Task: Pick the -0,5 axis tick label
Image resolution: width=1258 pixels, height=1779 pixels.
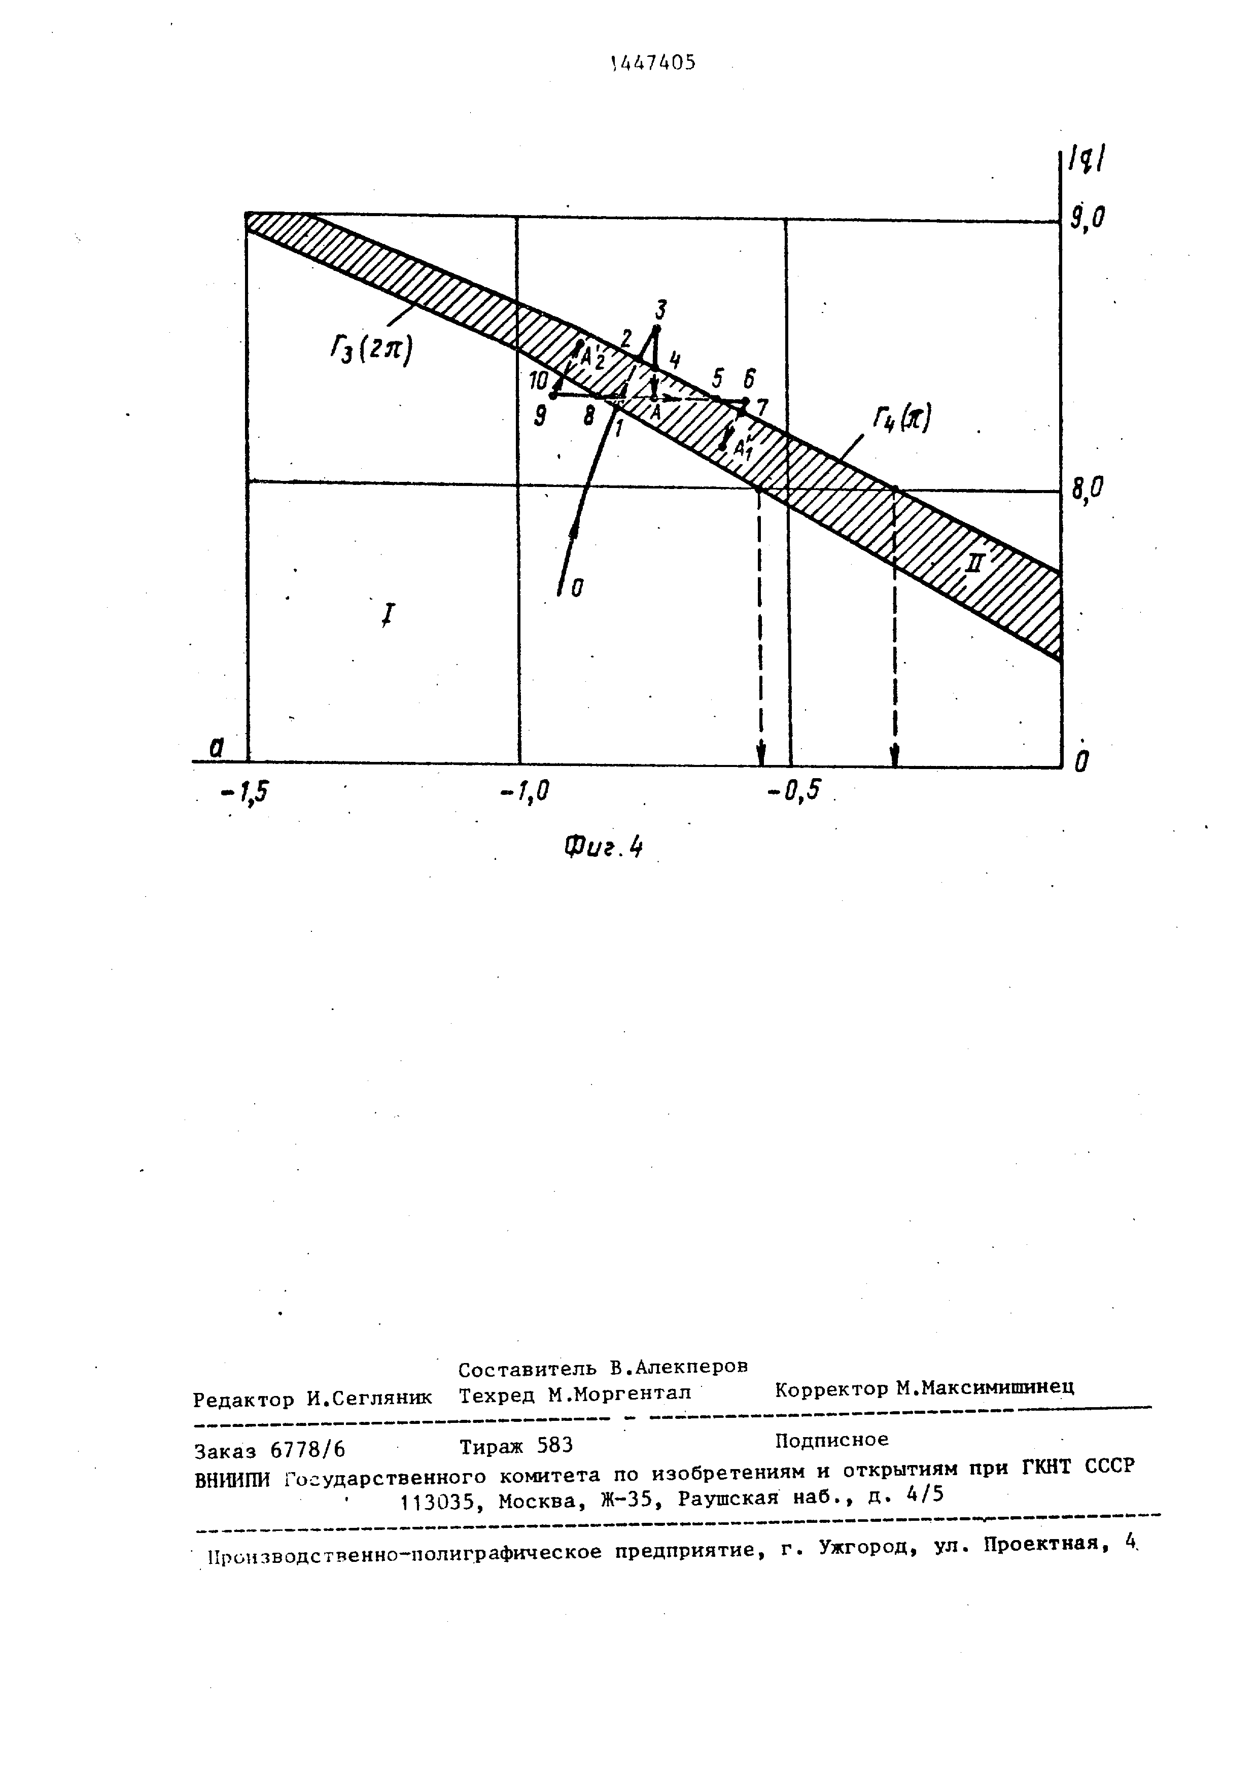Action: (792, 791)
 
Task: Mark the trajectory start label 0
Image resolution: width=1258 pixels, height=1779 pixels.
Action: (577, 589)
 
